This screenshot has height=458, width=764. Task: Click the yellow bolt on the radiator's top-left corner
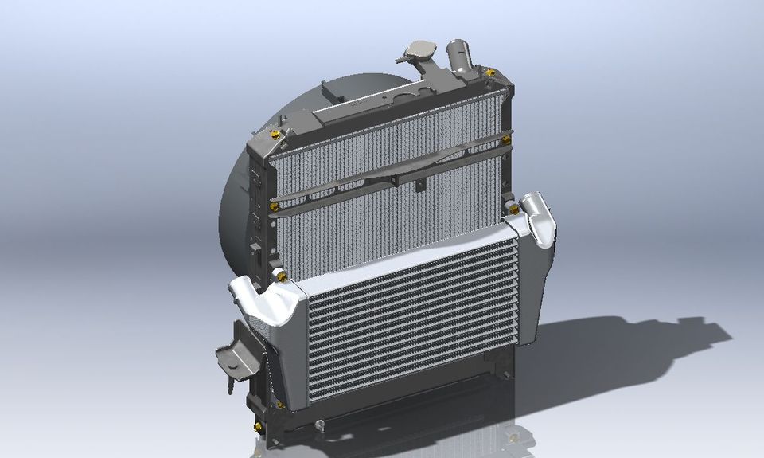click(x=276, y=133)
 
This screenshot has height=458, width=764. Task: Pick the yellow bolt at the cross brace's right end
click(x=506, y=139)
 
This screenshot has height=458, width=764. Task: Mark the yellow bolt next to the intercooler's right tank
click(x=514, y=209)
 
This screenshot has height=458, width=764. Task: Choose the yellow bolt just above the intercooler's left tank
click(x=279, y=275)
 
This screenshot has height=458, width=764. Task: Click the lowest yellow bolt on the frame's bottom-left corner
click(x=258, y=428)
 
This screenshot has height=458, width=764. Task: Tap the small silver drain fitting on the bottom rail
click(x=320, y=426)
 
